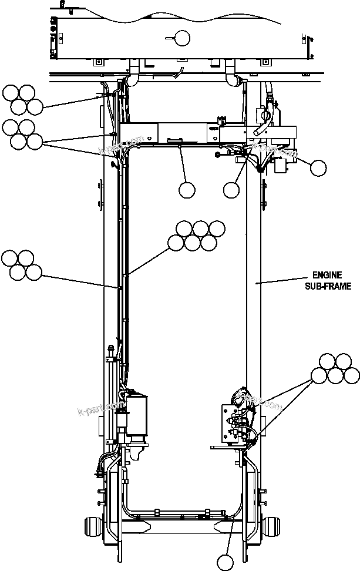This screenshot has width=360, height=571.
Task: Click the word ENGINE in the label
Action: tap(327, 275)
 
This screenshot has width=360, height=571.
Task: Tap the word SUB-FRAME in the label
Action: tap(327, 286)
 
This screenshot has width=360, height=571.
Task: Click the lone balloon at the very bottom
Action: tap(226, 562)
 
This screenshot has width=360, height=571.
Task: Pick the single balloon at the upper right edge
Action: tap(318, 168)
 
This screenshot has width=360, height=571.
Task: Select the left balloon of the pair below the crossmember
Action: tap(187, 190)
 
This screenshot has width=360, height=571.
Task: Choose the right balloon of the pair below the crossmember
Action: tap(231, 190)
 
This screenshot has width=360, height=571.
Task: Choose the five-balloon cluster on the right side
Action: tap(335, 368)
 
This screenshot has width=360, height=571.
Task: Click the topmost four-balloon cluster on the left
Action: tap(22, 99)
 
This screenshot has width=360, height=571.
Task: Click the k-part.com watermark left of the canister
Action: tap(99, 405)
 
